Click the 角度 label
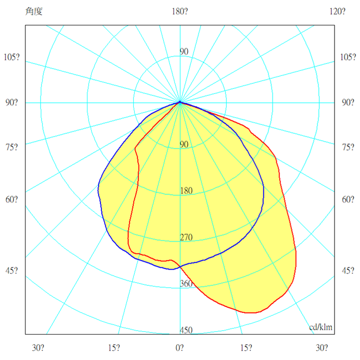tap(34, 12)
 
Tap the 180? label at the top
tap(180, 12)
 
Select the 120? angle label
tap(337, 12)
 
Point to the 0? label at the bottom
tap(180, 348)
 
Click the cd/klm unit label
tap(320, 327)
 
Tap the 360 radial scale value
tap(186, 284)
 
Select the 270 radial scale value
tap(186, 237)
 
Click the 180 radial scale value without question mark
tap(186, 191)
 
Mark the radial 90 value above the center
tap(184, 52)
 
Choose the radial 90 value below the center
tap(184, 145)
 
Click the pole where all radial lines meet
tap(180, 103)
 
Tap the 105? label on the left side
tap(12, 58)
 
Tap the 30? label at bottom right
tap(321, 348)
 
